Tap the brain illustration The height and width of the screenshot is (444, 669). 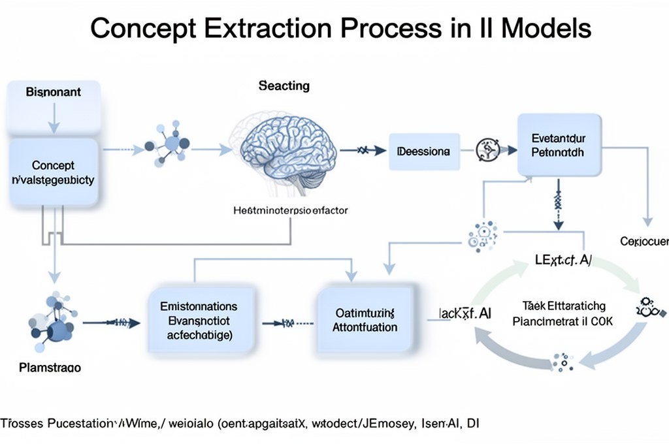(286, 149)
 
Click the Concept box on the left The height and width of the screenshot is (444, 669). (54, 173)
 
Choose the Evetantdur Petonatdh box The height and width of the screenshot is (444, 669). (558, 145)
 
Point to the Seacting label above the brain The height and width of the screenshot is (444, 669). (284, 86)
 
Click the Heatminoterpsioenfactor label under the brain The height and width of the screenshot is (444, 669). (291, 211)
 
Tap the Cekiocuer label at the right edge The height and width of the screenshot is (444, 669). (644, 242)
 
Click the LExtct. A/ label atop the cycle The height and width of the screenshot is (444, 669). (563, 261)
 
